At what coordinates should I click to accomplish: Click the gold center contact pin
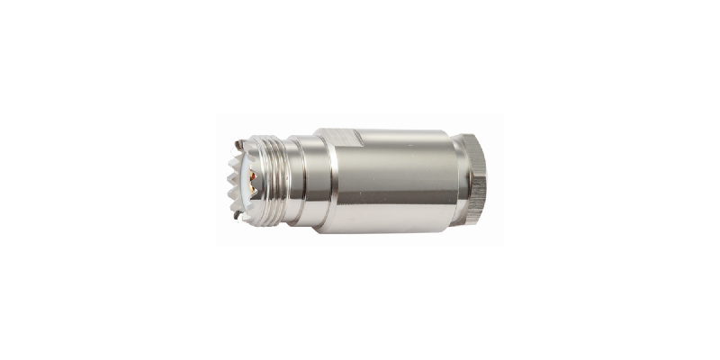point(255,176)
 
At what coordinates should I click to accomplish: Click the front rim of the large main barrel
point(329,180)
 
